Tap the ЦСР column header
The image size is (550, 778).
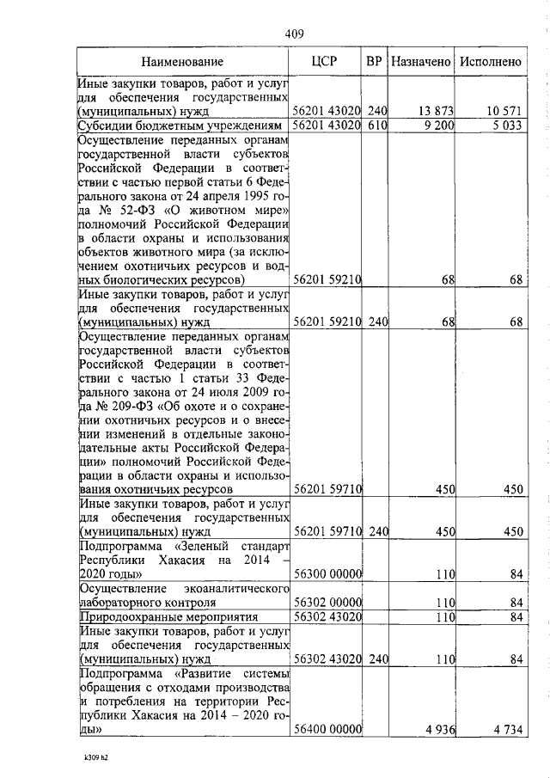point(327,63)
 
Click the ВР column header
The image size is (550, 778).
point(374,63)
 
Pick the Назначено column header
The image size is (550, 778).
point(421,63)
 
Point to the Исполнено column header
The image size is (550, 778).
point(491,63)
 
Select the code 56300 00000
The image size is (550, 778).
point(327,574)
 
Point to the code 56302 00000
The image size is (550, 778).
point(327,603)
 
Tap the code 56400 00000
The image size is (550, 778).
point(327,729)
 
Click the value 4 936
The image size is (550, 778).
point(439,729)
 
